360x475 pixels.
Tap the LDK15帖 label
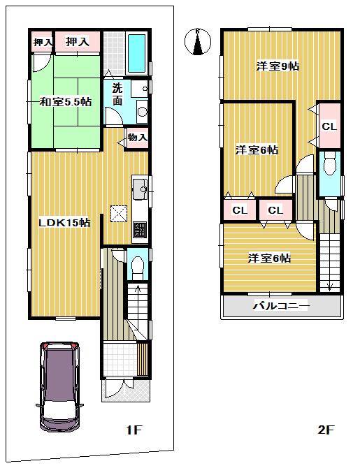(64, 222)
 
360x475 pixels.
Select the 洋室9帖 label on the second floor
(278, 66)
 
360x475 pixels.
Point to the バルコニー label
(280, 306)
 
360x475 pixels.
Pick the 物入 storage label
(137, 138)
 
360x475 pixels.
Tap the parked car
(60, 387)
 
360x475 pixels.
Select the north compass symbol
(199, 43)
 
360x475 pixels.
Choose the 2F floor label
(326, 430)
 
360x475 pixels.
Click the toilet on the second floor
(329, 166)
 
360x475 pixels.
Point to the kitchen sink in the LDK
(138, 187)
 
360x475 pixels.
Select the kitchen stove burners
(138, 228)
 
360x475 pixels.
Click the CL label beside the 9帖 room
(329, 126)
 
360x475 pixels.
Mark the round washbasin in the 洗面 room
(141, 112)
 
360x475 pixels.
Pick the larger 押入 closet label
(78, 43)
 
